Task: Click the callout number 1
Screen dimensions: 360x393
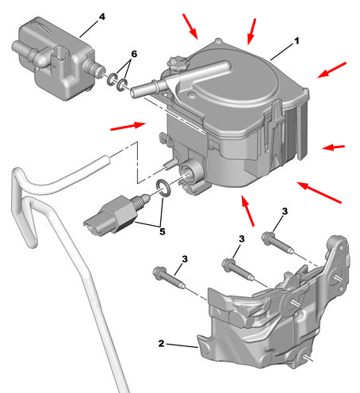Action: click(297, 41)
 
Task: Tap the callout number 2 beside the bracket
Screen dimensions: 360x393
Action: click(161, 343)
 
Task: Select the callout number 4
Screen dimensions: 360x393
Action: click(102, 17)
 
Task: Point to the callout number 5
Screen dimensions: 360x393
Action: click(163, 231)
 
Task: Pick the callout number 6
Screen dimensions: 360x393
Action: click(134, 54)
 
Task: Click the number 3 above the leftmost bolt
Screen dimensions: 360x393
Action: click(185, 259)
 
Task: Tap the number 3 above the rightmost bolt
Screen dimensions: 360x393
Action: click(285, 212)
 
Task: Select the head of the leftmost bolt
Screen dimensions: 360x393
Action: click(159, 273)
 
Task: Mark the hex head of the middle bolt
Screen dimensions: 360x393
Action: click(228, 265)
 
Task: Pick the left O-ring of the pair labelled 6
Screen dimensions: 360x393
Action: click(113, 79)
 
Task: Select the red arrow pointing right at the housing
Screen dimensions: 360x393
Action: click(128, 126)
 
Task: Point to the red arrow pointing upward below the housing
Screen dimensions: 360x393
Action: click(247, 211)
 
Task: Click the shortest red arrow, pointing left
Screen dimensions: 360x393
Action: click(333, 147)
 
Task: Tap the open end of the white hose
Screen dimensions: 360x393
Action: click(106, 160)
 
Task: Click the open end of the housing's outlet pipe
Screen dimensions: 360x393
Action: click(134, 92)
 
